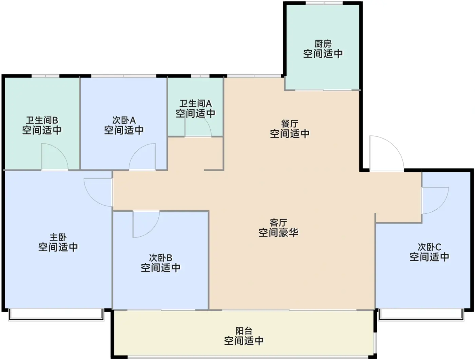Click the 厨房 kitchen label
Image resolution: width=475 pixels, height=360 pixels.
323,44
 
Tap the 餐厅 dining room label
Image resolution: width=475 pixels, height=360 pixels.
289,124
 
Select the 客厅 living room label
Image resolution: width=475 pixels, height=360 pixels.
278,223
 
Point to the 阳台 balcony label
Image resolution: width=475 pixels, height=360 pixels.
244,331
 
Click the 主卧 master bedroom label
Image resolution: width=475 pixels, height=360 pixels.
58,237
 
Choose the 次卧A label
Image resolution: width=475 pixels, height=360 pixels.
124,121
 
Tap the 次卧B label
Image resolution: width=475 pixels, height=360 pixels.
160,258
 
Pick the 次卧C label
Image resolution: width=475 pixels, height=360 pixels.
429,247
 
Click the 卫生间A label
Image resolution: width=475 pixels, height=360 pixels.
195,104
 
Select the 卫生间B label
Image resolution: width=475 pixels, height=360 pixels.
42,121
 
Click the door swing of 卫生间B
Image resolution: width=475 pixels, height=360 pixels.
54,157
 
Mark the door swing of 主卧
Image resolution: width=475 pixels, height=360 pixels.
98,192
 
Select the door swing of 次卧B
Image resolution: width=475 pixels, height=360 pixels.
145,224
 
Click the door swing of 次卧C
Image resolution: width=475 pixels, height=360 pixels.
434,200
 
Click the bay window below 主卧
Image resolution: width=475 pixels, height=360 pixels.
56,315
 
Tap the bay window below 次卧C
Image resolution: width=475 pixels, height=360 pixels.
421,315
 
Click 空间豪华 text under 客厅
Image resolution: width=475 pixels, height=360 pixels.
278,233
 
